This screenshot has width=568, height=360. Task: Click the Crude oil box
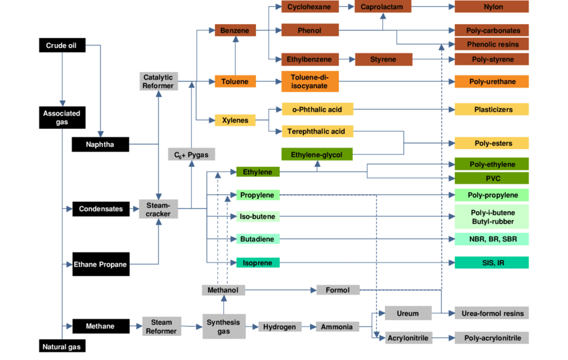tap(61, 45)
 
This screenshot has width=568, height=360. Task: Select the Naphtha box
tap(100, 145)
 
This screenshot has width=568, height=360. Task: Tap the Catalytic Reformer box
tap(158, 81)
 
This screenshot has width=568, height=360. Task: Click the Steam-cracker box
tap(158, 209)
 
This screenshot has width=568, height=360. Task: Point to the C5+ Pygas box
tap(191, 155)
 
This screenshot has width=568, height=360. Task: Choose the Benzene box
tap(235, 31)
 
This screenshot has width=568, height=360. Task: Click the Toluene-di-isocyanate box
tap(309, 81)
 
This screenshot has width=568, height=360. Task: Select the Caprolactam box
tap(382, 7)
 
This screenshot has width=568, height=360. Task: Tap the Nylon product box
tap(491, 7)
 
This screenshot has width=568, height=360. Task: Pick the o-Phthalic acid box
tap(317, 110)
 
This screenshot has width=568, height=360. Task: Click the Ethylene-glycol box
tap(317, 154)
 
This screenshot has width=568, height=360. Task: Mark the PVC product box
tap(491, 178)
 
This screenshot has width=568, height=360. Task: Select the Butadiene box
tap(258, 238)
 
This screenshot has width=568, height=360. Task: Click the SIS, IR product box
tap(491, 262)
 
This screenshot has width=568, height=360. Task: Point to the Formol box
tap(337, 290)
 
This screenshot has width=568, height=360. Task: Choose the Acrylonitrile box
tap(409, 339)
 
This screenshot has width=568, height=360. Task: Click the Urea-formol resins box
tap(491, 313)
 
